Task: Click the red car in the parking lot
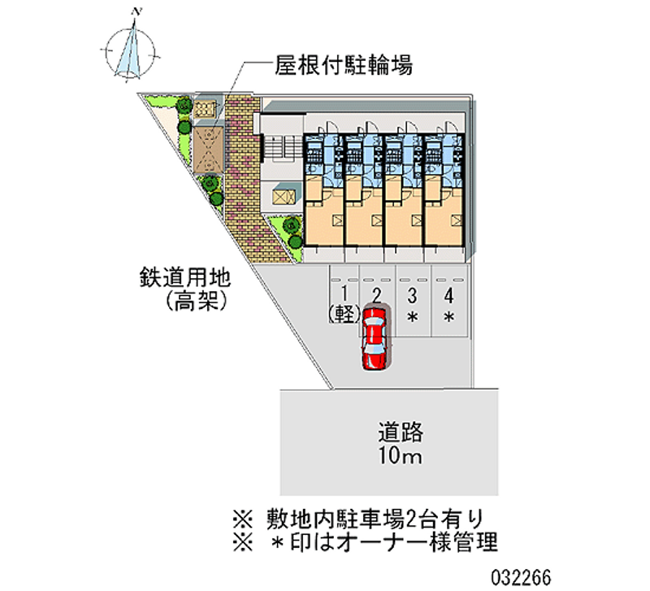375,337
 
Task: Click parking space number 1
344,294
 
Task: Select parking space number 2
376,294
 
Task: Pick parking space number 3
412,294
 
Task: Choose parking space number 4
448,294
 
